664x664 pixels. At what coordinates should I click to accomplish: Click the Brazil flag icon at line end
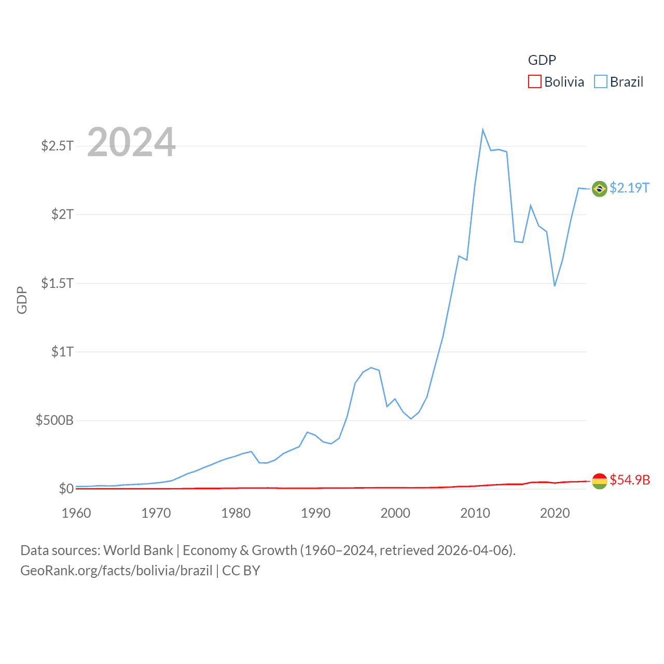click(x=599, y=189)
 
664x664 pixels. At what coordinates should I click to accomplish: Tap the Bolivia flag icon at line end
click(x=599, y=481)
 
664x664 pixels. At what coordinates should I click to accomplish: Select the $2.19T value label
click(x=629, y=188)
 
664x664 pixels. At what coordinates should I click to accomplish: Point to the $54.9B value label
click(x=630, y=480)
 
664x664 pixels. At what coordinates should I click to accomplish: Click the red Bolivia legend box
click(x=534, y=82)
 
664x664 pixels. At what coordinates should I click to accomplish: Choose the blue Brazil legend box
click(x=600, y=82)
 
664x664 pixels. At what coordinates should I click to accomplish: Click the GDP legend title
click(x=542, y=60)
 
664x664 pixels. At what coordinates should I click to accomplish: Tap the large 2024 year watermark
click(x=131, y=142)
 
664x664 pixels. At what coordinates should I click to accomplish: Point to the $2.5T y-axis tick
click(x=58, y=146)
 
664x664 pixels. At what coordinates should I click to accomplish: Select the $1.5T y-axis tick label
click(x=58, y=283)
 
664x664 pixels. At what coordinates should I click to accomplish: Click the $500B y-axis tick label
click(x=54, y=420)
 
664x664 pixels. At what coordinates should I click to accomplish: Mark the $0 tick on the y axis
click(x=66, y=489)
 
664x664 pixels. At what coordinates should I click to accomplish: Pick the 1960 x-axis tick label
click(x=76, y=513)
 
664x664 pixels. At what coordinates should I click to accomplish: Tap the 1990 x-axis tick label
click(x=315, y=513)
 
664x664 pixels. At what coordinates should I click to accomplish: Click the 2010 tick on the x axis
click(x=475, y=513)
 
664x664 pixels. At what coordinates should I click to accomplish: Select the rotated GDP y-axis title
click(x=22, y=300)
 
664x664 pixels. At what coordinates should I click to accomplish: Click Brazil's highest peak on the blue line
click(x=482, y=130)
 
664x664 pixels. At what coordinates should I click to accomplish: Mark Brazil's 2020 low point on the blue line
click(x=555, y=285)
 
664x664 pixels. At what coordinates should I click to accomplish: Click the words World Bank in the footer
click(x=138, y=550)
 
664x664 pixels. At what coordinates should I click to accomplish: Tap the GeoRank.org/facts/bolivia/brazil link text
click(x=116, y=571)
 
